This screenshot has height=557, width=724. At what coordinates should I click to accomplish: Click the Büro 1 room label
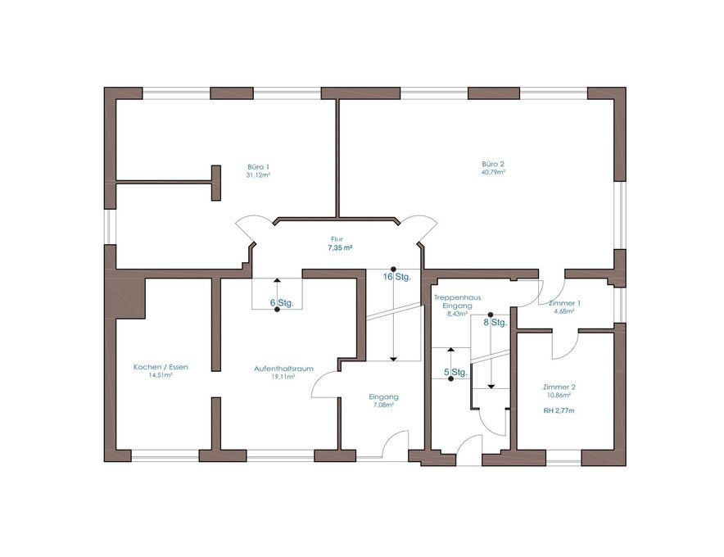click(x=258, y=167)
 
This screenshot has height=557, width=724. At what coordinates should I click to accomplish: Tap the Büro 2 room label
click(x=493, y=164)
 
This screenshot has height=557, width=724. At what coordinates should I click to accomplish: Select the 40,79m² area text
click(x=493, y=172)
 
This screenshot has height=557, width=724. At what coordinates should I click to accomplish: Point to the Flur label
click(x=337, y=239)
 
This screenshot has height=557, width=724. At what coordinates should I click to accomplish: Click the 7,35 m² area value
click(x=341, y=247)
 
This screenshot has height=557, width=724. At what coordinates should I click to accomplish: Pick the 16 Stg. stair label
click(x=396, y=277)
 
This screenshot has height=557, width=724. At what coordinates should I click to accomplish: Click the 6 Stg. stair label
click(x=282, y=303)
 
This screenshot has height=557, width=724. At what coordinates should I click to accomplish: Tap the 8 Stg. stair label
click(x=495, y=323)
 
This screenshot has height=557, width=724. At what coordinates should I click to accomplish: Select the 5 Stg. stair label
click(x=455, y=372)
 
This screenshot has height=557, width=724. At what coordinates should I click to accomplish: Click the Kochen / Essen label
click(x=161, y=367)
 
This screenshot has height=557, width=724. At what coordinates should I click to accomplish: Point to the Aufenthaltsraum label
click(x=283, y=369)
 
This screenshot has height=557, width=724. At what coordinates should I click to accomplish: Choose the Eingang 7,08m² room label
click(x=383, y=401)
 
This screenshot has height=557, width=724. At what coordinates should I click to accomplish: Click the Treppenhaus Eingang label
click(x=457, y=301)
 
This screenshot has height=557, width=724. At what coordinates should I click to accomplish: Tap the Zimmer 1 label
click(x=564, y=303)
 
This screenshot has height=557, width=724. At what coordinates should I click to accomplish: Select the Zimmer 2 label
click(x=559, y=387)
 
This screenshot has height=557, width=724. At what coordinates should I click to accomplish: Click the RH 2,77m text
click(x=559, y=410)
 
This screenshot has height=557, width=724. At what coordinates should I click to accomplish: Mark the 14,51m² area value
click(x=161, y=375)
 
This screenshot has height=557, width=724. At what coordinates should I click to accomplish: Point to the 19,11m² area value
click(x=283, y=377)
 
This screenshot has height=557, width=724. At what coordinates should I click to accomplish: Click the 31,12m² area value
click(x=258, y=175)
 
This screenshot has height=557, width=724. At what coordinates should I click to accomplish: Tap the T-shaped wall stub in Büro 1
click(x=215, y=183)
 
